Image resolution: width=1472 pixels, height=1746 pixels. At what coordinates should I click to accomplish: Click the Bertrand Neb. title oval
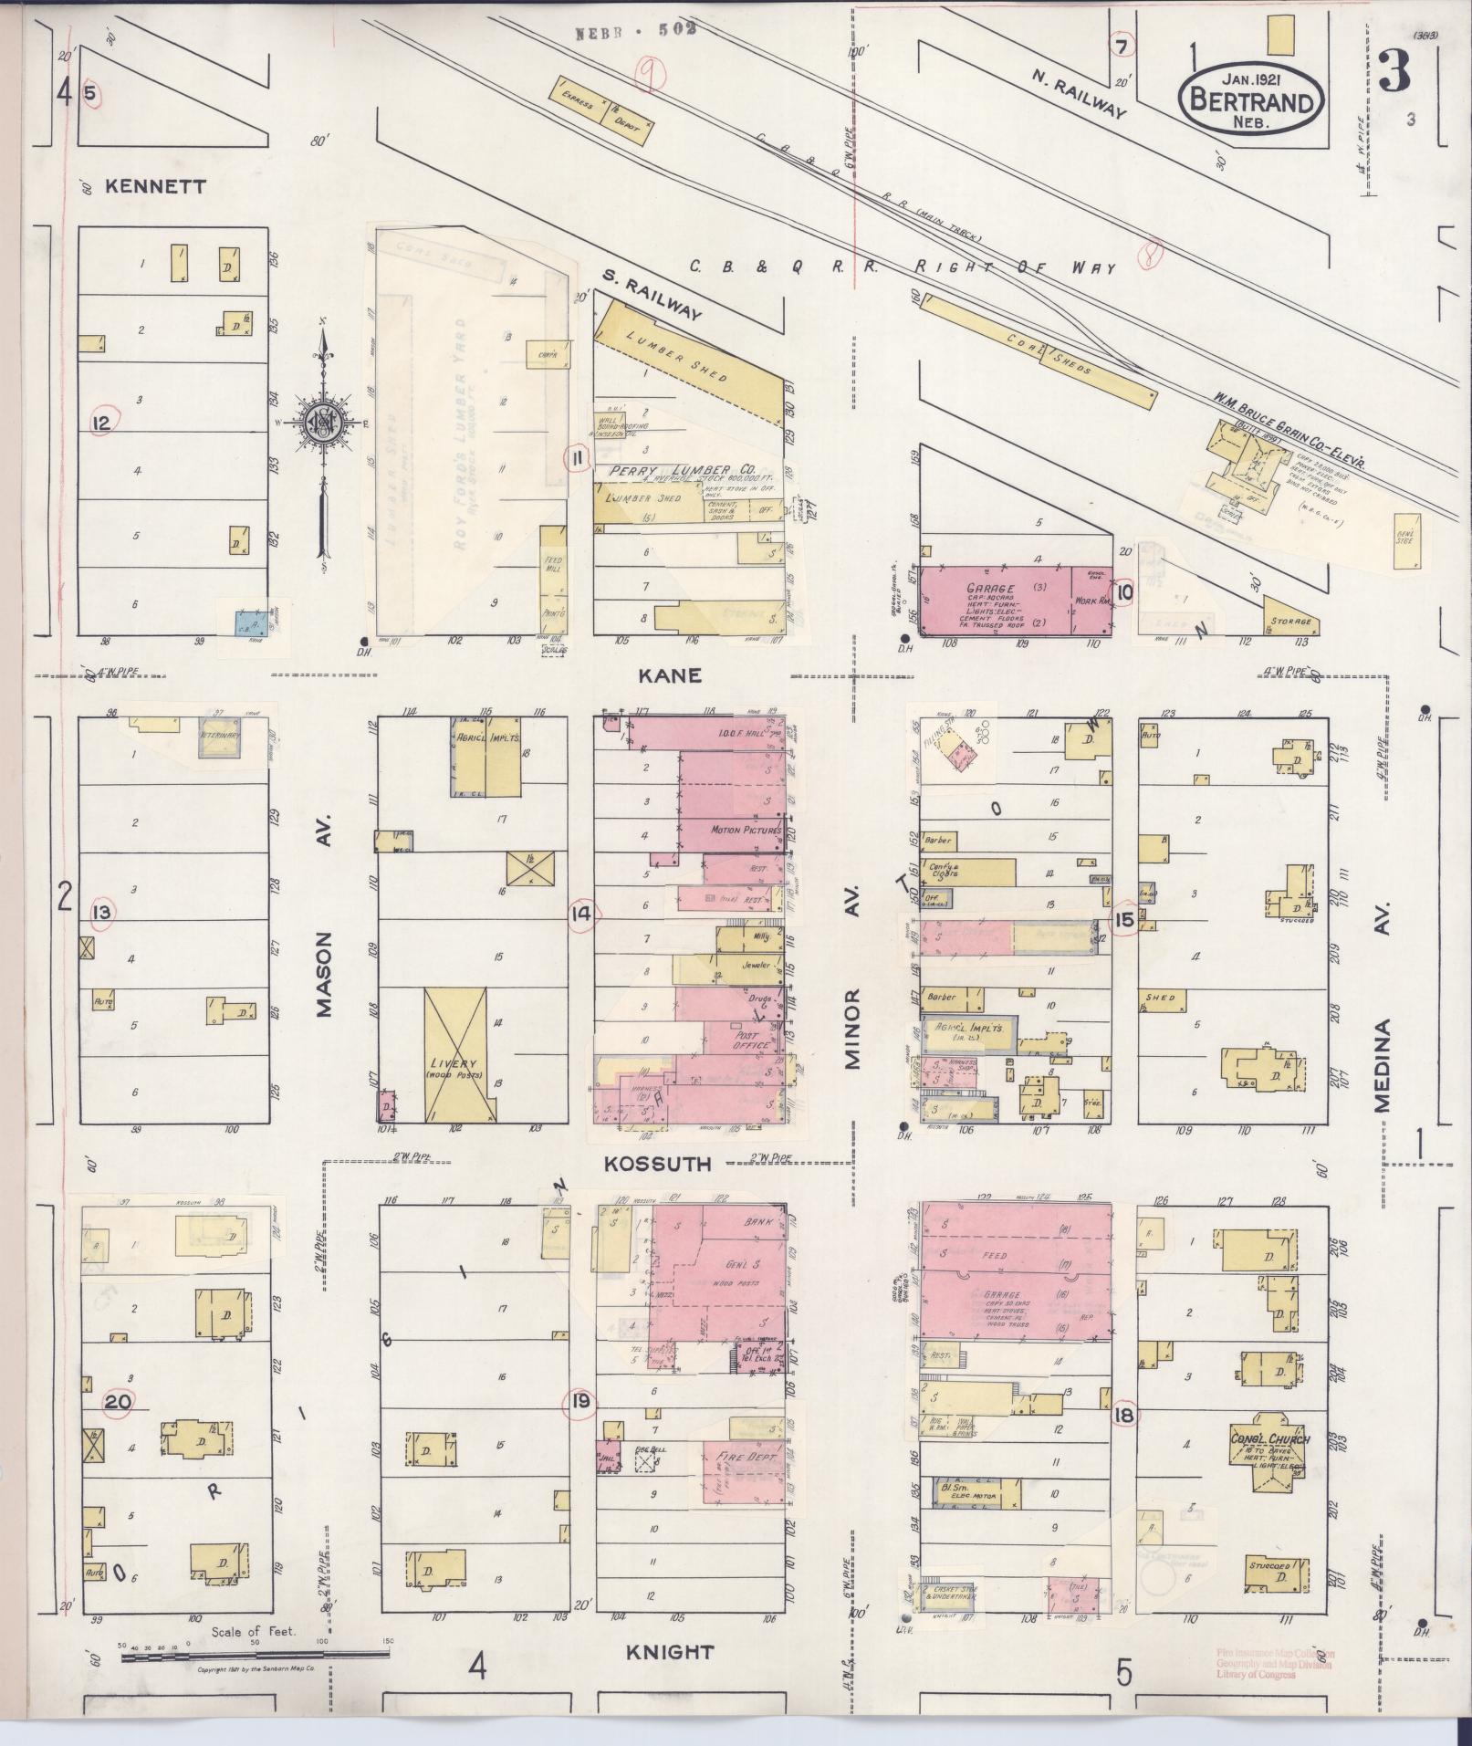coord(1252,98)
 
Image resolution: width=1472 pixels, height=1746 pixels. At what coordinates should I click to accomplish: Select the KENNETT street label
coord(156,186)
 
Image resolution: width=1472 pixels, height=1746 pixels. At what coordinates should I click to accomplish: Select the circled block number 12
coord(101,423)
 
